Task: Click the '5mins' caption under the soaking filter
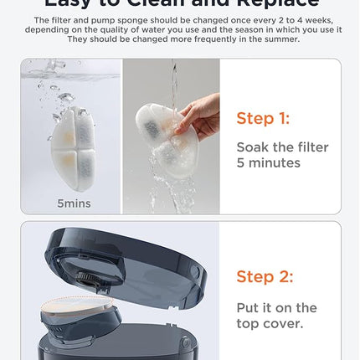click(75, 203)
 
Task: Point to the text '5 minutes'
click(268, 162)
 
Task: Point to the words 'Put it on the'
click(276, 308)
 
